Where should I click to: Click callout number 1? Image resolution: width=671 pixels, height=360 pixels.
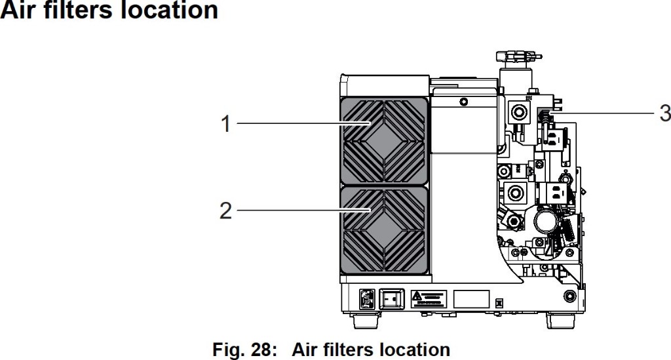pos(226,124)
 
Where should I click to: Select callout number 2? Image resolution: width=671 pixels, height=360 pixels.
pos(225,210)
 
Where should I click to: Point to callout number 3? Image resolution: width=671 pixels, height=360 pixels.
pos(664,113)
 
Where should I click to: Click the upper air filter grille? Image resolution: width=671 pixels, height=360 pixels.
pos(384,140)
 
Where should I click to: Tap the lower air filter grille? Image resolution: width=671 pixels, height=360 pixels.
pos(384,230)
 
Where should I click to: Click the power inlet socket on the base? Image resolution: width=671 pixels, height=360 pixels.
pos(367,299)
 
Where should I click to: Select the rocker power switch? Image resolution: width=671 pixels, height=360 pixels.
pos(392,299)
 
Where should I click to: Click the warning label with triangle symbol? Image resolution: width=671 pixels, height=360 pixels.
pos(429,299)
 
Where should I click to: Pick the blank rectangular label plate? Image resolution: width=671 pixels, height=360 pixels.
pos(471,299)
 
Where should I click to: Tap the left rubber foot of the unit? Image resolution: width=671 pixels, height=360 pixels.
pos(366,320)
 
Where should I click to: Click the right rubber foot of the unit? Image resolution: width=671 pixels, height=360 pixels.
pos(561,320)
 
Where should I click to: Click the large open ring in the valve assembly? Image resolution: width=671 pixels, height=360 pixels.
pos(545,220)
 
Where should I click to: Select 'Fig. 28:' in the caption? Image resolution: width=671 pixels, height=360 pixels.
pos(242,350)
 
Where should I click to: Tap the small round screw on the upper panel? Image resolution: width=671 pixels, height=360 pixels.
pos(463,102)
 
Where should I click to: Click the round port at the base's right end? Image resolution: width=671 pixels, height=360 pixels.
pos(569,296)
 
